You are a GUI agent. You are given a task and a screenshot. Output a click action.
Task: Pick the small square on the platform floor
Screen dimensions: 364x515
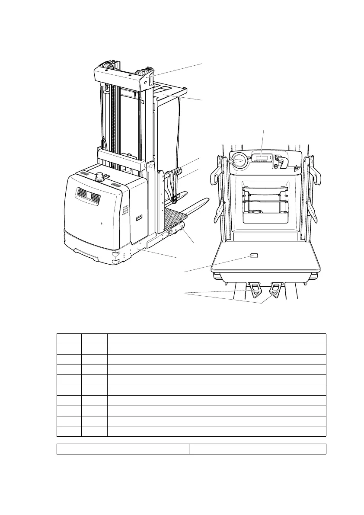pos(255,256)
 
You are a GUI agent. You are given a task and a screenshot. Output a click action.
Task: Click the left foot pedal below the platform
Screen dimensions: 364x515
pos(254,288)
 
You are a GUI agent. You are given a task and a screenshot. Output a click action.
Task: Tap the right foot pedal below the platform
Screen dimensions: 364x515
pos(275,288)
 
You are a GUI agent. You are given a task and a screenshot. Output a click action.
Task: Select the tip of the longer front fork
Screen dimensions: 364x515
pos(208,199)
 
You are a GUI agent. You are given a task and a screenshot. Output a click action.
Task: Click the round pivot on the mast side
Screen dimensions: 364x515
pos(150,165)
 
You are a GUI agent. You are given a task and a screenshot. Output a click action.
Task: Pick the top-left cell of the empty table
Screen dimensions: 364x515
pos(69,339)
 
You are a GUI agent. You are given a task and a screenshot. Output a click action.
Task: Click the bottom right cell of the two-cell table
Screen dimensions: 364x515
pos(257,449)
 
